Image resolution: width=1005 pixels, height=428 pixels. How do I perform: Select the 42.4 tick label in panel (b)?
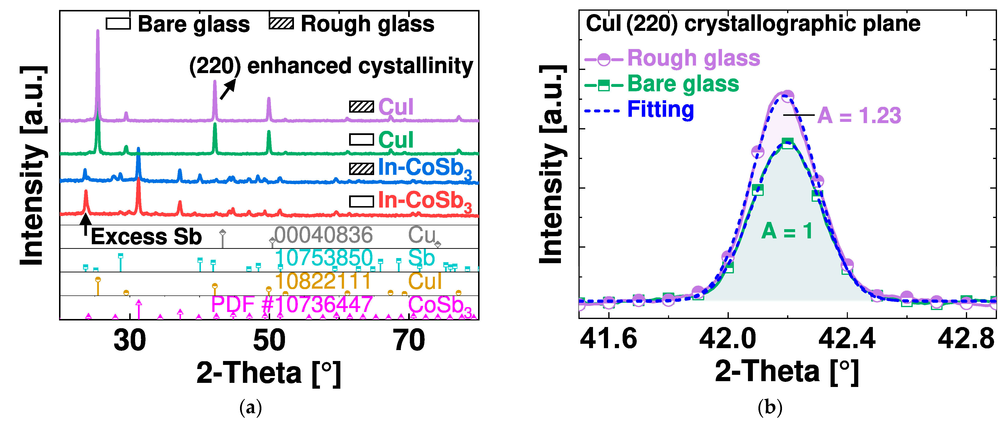pos(847,338)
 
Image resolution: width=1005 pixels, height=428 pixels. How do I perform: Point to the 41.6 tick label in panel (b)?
pos(608,338)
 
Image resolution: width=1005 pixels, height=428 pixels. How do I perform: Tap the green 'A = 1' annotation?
pos(787,231)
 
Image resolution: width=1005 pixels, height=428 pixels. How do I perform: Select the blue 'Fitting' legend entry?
pos(661,109)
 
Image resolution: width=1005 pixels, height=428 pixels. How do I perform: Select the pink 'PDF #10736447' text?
pos(292,304)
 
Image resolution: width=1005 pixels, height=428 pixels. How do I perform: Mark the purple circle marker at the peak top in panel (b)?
pos(787,95)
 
